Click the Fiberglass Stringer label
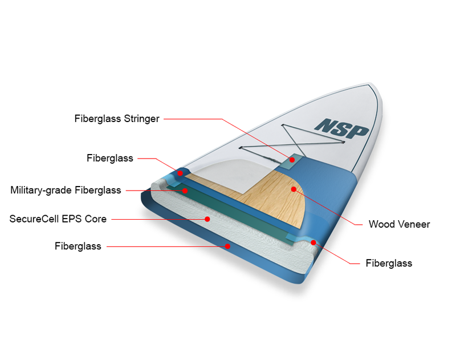coord(117,119)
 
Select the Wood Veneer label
coord(399,224)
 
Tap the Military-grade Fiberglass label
coord(66,190)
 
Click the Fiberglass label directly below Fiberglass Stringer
coord(110,158)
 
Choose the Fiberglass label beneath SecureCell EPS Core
coord(78,246)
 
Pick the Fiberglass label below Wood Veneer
coord(389,263)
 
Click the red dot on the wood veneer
coord(294,189)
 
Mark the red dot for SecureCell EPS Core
coord(207,219)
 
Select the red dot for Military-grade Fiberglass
coord(185,190)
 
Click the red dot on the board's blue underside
coord(227,246)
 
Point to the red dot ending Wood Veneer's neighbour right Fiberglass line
coord(313,242)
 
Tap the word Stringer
coord(140,119)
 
